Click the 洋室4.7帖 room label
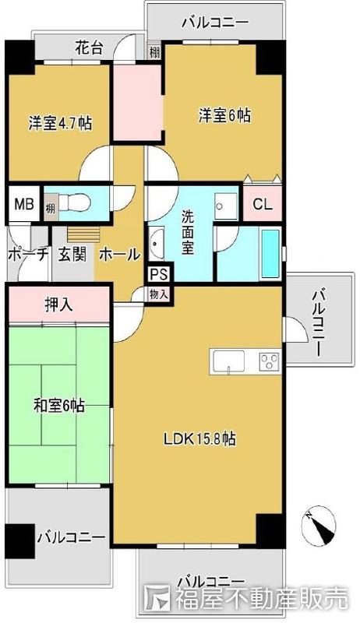61,122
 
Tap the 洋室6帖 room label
224,115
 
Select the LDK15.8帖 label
199,439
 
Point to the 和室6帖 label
59,406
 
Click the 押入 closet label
58,304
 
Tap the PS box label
159,274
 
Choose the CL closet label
263,206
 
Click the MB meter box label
23,206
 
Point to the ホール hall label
119,255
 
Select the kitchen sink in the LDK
228,361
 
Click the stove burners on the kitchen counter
269,361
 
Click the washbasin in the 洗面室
156,244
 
